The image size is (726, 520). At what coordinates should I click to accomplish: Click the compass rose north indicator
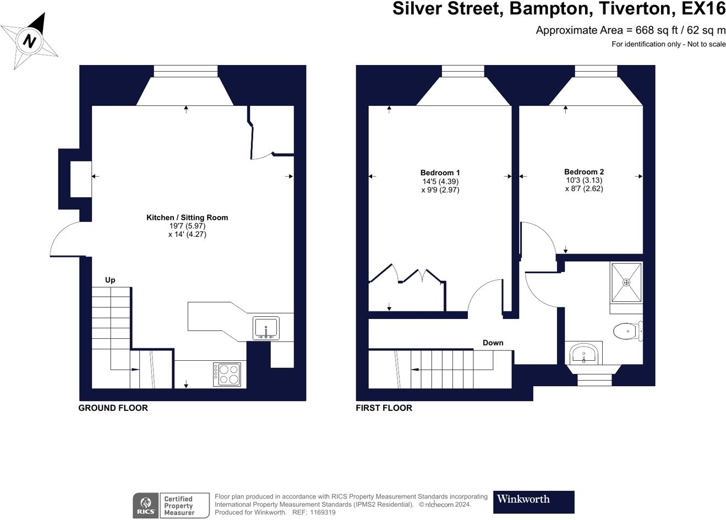coord(29,41)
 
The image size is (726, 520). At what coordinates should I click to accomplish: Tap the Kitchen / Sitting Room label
coord(187,218)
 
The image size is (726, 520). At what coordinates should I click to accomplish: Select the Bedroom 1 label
coord(440,173)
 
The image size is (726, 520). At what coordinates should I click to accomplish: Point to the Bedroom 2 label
coord(584,172)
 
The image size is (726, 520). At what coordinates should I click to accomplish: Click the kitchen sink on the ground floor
coord(266,328)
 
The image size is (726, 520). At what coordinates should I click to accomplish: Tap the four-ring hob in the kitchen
coord(227,375)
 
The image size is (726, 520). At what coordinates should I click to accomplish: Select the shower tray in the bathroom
coord(626,283)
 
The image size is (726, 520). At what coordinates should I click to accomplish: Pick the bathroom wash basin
coord(583,354)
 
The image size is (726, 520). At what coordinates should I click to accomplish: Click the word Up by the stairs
coord(110,280)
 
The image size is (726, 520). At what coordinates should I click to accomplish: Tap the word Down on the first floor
coord(493,343)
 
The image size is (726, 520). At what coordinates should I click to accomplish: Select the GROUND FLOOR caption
coord(113,408)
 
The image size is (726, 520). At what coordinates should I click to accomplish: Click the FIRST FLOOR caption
coord(384,408)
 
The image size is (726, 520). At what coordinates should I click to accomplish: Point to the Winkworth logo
coord(533,502)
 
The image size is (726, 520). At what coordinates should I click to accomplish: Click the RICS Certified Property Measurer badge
coord(171,505)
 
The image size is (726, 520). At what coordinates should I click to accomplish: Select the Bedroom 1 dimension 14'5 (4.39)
coord(440,181)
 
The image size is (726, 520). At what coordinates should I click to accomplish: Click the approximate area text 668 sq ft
coord(631,30)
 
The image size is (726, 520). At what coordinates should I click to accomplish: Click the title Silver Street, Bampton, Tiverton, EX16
coord(559,9)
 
